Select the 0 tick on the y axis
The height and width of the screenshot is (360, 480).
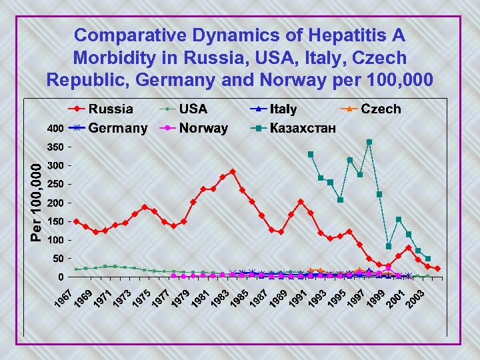click(x=60, y=277)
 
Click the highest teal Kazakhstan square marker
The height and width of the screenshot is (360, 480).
click(x=369, y=142)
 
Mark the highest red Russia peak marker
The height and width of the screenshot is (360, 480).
click(x=232, y=171)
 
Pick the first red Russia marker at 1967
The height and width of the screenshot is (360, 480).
click(x=76, y=221)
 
